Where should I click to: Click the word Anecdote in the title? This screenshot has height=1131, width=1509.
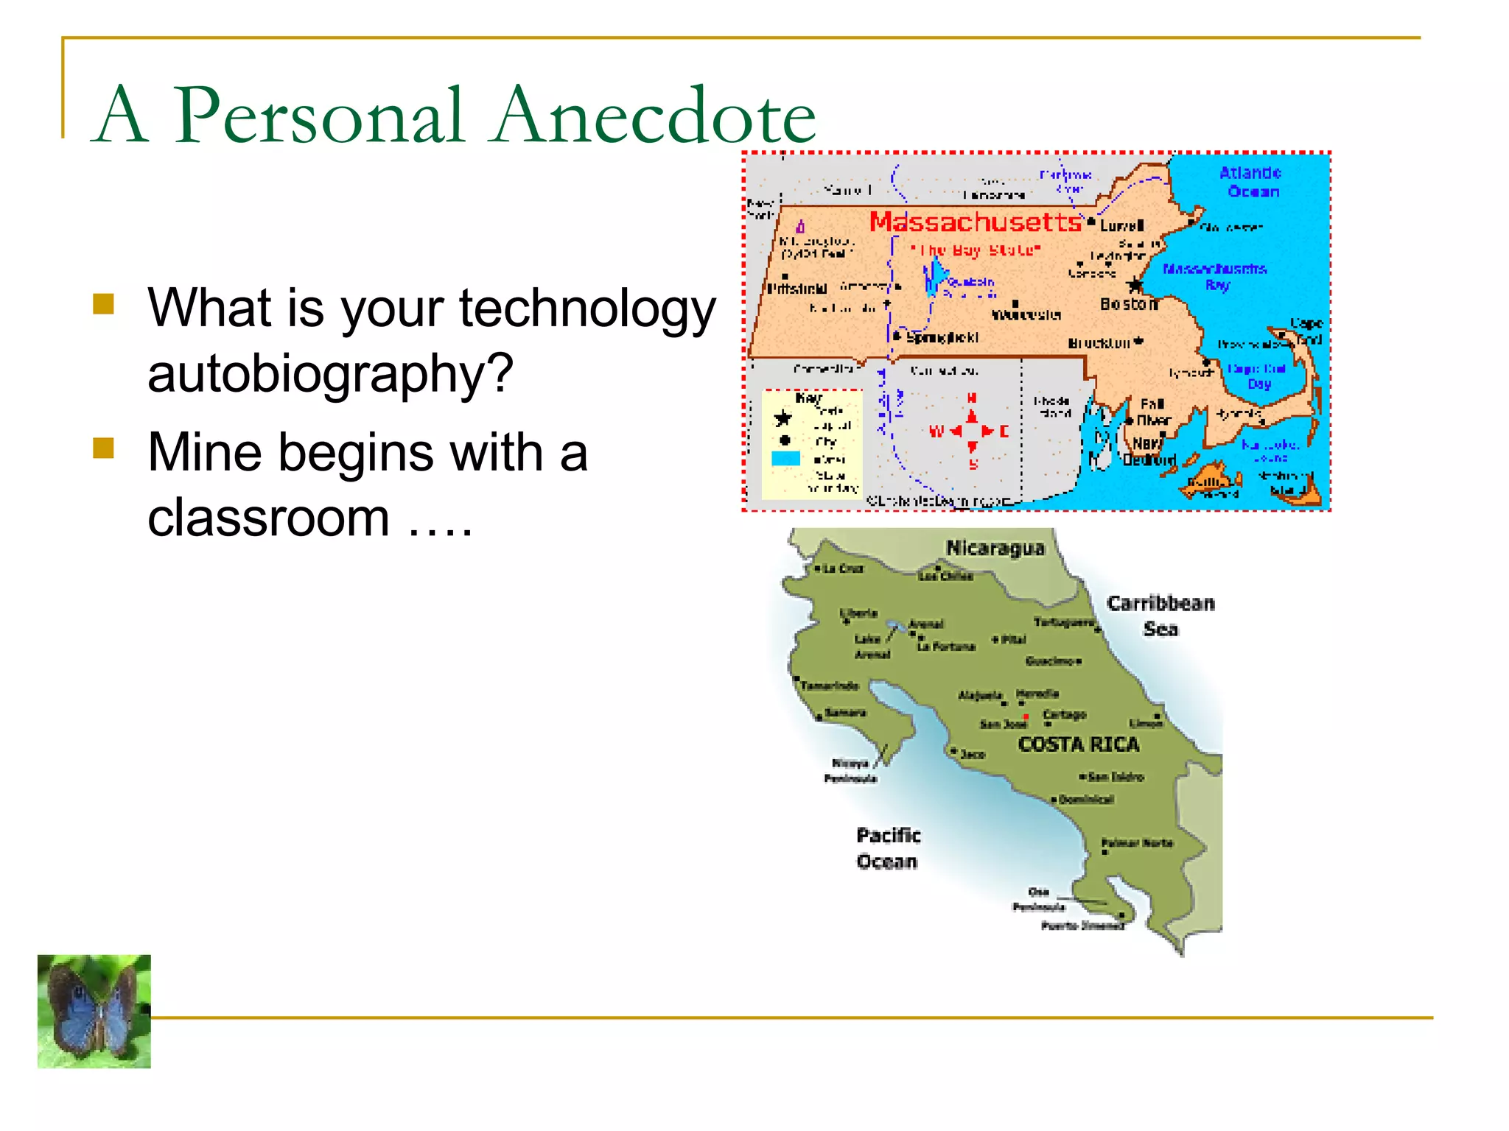(655, 116)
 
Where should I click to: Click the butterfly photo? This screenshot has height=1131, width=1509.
(94, 1011)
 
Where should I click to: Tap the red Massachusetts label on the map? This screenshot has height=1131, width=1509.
(975, 222)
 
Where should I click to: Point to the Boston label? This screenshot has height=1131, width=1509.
(1127, 304)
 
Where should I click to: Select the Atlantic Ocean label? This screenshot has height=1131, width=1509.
(1250, 182)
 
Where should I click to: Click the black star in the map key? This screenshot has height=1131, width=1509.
(782, 420)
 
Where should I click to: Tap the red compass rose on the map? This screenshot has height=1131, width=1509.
(972, 431)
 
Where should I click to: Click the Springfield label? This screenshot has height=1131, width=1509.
(942, 338)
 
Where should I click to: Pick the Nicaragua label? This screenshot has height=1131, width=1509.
(995, 549)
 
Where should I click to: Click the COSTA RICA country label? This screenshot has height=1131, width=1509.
(1079, 745)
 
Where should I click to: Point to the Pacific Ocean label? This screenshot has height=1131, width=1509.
(888, 848)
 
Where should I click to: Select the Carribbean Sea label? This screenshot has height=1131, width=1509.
(1160, 616)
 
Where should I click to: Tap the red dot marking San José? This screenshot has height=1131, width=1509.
(1026, 716)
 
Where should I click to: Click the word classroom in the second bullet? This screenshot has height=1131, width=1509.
(268, 518)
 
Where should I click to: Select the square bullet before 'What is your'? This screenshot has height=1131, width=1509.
(104, 304)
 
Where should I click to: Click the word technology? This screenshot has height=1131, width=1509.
(587, 309)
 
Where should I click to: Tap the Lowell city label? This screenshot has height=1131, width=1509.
(1121, 225)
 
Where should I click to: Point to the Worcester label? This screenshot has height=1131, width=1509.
(1026, 315)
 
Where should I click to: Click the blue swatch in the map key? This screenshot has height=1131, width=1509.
(785, 459)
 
